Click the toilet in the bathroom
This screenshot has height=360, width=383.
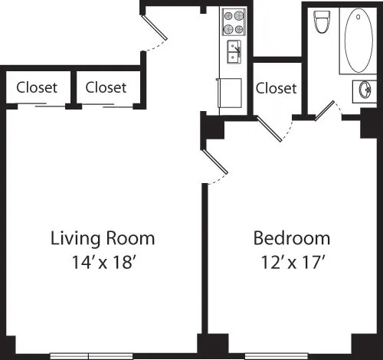point(322,22)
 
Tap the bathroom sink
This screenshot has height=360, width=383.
point(364,90)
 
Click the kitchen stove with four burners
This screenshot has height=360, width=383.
point(234,22)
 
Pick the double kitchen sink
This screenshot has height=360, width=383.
point(233,52)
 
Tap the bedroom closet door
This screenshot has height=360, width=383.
point(271,129)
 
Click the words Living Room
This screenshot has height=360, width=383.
point(103,237)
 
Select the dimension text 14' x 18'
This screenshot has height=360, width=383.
point(103,260)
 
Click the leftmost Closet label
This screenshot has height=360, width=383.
point(37,87)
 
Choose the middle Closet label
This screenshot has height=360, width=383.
point(106,87)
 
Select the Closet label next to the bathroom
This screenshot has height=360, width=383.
point(276,88)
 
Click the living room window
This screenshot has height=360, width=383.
point(89,355)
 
